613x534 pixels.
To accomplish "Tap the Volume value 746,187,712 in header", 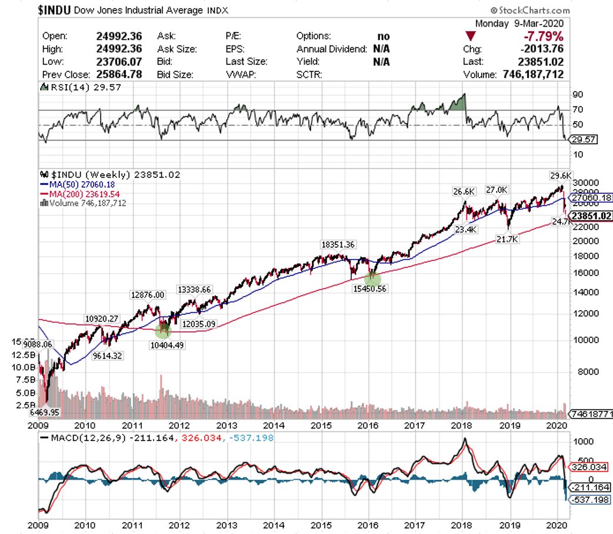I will [532, 75].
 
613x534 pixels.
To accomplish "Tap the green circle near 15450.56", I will [372, 279].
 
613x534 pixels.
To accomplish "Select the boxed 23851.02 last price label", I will [592, 215].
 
